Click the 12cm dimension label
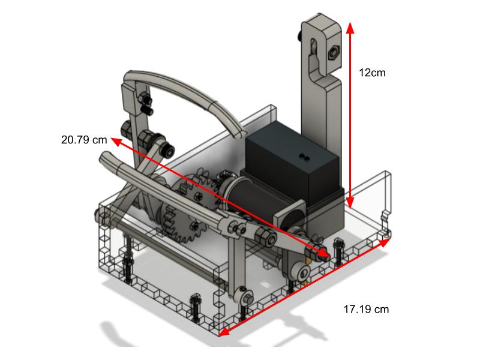[372, 73]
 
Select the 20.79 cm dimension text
[84, 139]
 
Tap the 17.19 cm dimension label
[366, 310]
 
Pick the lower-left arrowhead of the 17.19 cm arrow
[222, 332]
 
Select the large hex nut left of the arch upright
[127, 128]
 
